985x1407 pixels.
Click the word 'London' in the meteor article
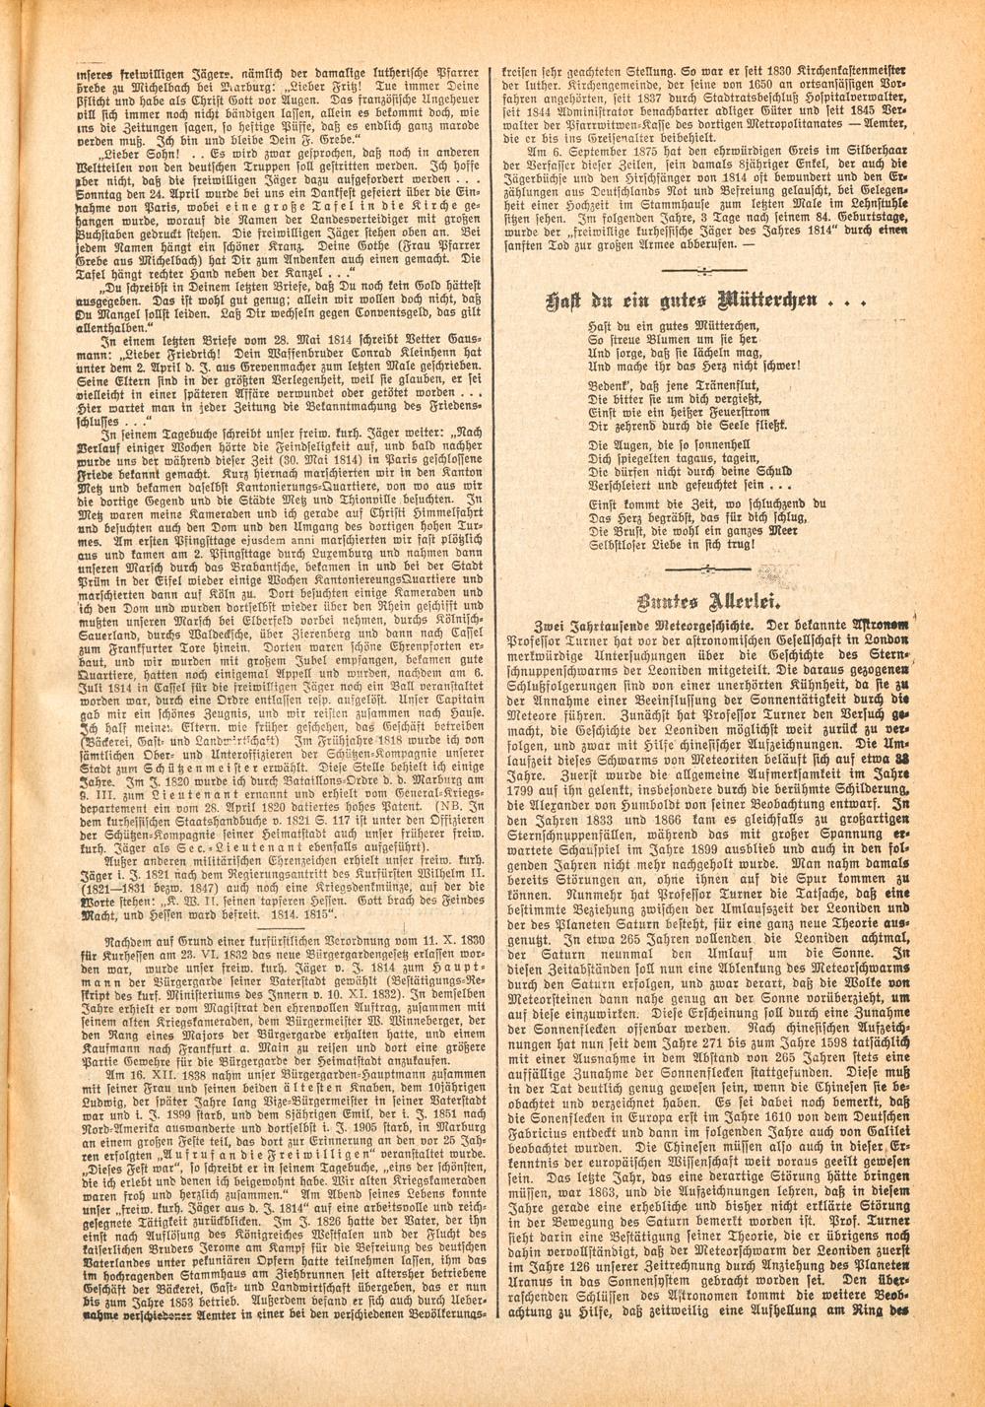click(x=885, y=639)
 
